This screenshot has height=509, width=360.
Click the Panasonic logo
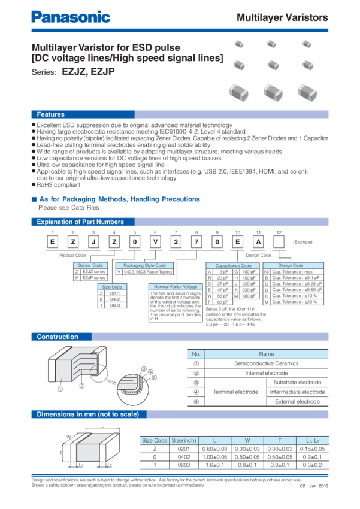pos(71,17)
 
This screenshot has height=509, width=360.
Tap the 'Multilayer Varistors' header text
pos(282,18)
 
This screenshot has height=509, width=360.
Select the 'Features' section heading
pos(51,114)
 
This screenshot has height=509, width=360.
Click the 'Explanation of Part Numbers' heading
pos(80,222)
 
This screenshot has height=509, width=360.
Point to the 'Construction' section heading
pos(58,337)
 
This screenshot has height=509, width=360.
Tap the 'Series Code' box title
pos(90,265)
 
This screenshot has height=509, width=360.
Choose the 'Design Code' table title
pos(291,265)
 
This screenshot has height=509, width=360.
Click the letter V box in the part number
pos(156,241)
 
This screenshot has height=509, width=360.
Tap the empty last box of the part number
pos(279,241)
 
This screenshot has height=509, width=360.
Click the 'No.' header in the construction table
pos(196,355)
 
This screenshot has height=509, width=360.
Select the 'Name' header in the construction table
pos(266,355)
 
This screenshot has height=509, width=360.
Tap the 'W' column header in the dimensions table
pos(247,441)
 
